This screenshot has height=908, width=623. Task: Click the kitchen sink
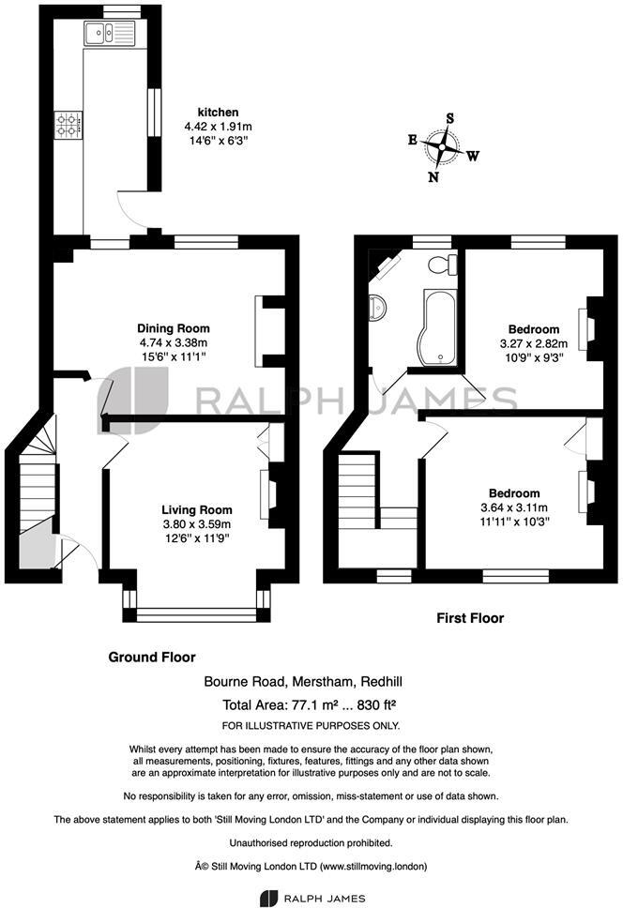click(110, 33)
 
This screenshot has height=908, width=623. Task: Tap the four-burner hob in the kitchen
click(68, 126)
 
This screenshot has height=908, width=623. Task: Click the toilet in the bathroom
click(443, 265)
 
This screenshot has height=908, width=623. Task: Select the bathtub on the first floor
click(439, 326)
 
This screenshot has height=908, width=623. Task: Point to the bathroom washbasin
click(377, 306)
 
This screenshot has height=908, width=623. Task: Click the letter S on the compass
click(449, 118)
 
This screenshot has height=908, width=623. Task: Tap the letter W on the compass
click(473, 156)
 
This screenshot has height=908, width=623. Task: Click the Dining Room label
click(174, 328)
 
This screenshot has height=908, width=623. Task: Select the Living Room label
click(197, 510)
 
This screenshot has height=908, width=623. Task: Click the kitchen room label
click(219, 113)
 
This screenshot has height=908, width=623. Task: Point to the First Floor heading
click(470, 618)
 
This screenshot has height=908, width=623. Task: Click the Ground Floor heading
click(152, 658)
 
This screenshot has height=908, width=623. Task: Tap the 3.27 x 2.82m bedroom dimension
click(534, 343)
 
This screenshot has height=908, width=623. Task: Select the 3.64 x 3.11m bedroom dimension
click(514, 507)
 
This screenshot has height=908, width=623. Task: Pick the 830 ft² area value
click(376, 705)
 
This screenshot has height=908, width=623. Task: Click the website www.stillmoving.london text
click(374, 867)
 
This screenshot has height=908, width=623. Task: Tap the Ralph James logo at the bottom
click(312, 899)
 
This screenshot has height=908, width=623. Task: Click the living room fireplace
click(270, 494)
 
